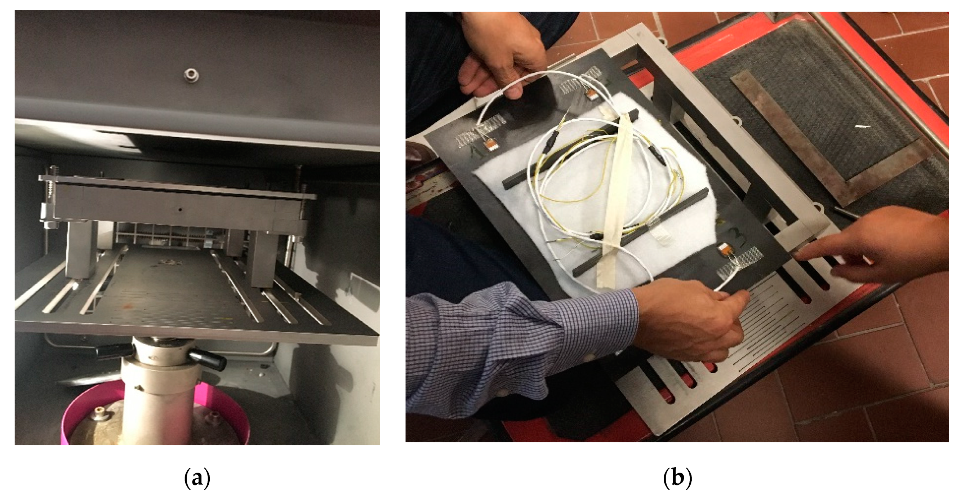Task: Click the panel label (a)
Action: click(197, 478)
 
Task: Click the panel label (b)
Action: click(677, 478)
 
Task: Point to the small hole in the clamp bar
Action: click(180, 210)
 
